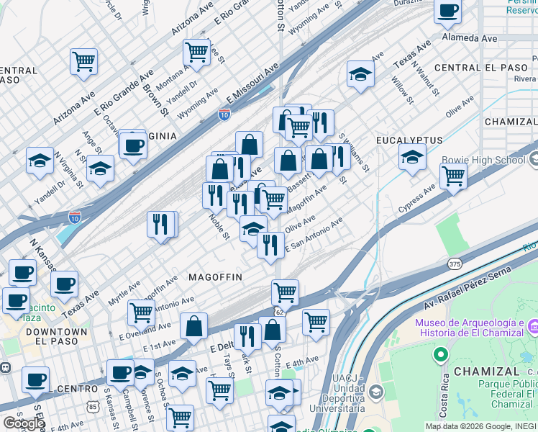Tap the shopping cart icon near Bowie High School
click(453, 176)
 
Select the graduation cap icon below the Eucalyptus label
click(412, 156)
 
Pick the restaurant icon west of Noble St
click(162, 223)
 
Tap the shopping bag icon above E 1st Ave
click(194, 326)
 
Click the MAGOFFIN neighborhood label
click(215, 277)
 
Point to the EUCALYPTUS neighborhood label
click(409, 139)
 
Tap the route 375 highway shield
click(454, 264)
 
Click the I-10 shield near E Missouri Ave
click(224, 114)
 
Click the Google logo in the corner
click(24, 423)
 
